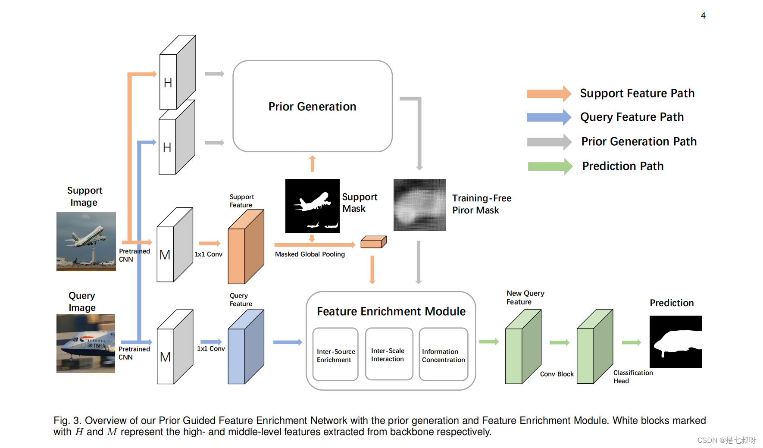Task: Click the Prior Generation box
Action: [312, 106]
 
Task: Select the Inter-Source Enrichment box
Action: [335, 354]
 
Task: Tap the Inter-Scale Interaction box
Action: [388, 354]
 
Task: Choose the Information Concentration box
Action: [443, 354]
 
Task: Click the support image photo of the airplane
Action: [86, 241]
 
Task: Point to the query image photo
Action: [85, 343]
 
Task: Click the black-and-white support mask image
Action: [312, 206]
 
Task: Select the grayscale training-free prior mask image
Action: [419, 205]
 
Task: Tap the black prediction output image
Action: [675, 341]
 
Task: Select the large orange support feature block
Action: [245, 248]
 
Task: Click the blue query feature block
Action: [245, 348]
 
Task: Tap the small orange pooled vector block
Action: [373, 242]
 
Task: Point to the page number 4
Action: [703, 16]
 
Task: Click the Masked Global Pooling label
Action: [310, 254]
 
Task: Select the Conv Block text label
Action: [557, 374]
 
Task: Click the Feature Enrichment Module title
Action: [391, 311]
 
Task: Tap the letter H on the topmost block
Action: [168, 83]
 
